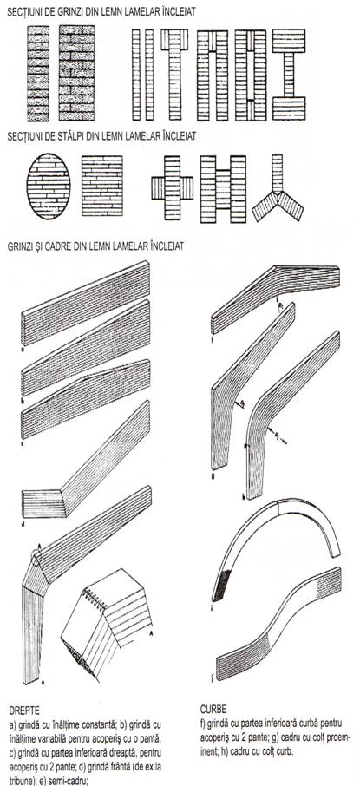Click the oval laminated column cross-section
coord(48,186)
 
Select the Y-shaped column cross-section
coord(278,188)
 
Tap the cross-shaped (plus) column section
coord(173,188)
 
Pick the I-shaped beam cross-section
coord(288,75)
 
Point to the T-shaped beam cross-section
coord(174,75)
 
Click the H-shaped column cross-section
coord(223,189)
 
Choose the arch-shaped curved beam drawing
coord(277,544)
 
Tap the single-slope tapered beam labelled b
coord(85,347)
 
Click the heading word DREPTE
coord(24,711)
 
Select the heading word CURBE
coord(213,710)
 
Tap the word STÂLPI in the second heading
coord(75,136)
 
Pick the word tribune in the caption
coord(22,781)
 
